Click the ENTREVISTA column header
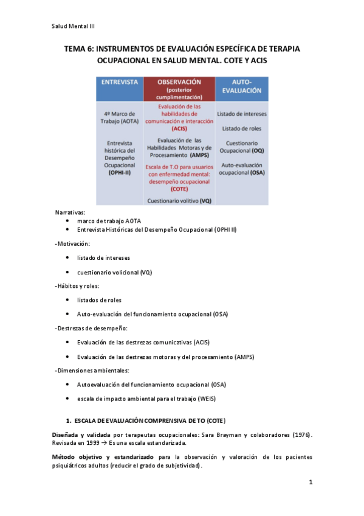click(120, 82)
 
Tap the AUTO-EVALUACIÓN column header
click(242, 85)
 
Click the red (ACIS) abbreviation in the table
click(179, 128)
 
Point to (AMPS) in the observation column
click(199, 155)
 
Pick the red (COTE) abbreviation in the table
click(179, 189)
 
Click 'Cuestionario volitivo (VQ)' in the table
click(179, 200)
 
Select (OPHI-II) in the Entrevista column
click(119, 172)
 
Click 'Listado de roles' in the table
click(242, 128)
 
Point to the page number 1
click(310, 483)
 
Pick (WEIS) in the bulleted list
click(205, 399)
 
